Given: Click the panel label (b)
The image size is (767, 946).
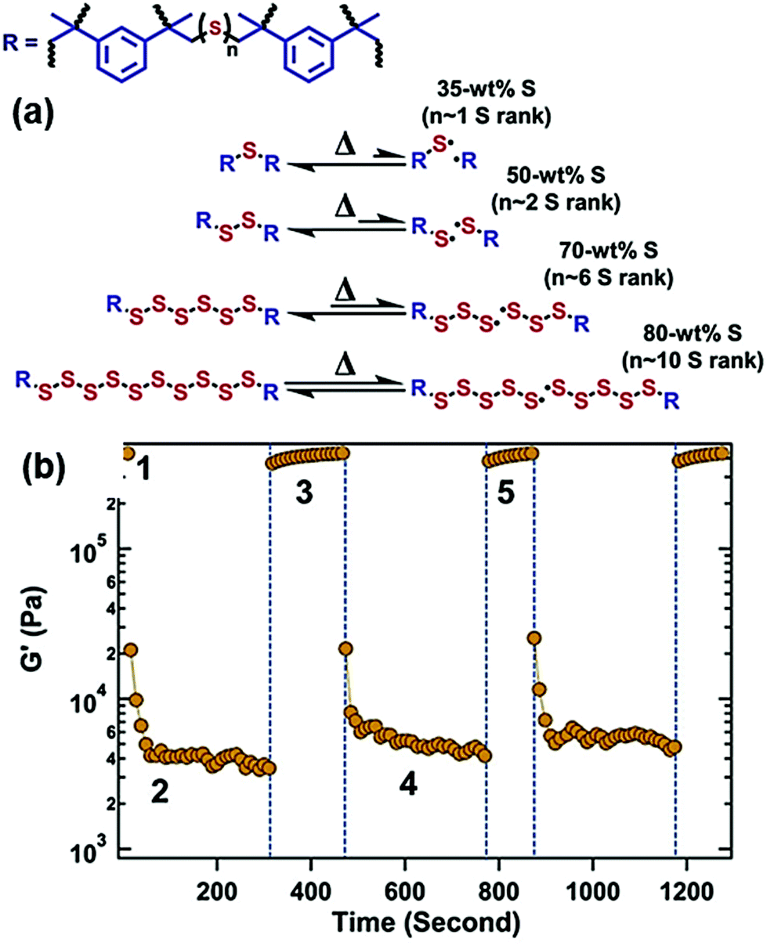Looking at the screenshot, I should point(34,454).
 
